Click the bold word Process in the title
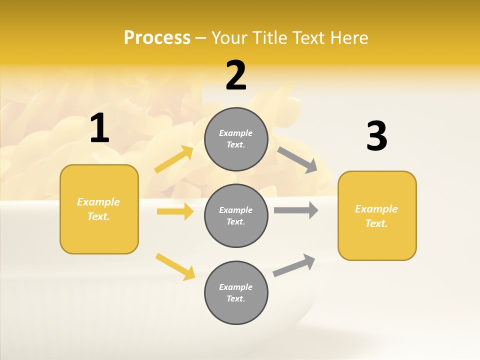click(157, 38)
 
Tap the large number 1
click(99, 128)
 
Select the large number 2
click(236, 76)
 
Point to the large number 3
click(376, 136)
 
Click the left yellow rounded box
click(99, 209)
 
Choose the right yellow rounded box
click(377, 216)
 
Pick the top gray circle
click(236, 139)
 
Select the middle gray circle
click(236, 216)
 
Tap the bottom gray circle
click(236, 293)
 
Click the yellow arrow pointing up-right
click(174, 159)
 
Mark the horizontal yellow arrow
click(175, 211)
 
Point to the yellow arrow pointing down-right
click(175, 267)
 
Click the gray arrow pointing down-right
click(297, 160)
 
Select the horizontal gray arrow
click(296, 210)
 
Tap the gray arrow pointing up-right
click(294, 265)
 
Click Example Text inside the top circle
click(236, 139)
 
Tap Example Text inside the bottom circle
click(236, 293)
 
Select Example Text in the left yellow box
click(99, 209)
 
